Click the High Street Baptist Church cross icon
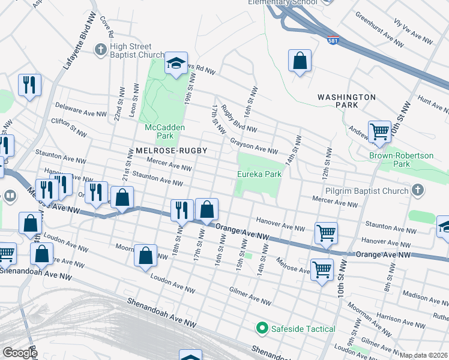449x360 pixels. click(x=100, y=47)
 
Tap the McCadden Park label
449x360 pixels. click(x=164, y=131)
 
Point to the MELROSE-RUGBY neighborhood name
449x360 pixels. click(x=167, y=151)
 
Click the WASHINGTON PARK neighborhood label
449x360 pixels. click(x=346, y=101)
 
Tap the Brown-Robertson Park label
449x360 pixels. click(x=401, y=160)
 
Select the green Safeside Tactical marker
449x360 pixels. click(x=262, y=328)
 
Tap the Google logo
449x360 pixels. click(x=19, y=353)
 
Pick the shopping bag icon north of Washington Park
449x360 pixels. click(x=300, y=61)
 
